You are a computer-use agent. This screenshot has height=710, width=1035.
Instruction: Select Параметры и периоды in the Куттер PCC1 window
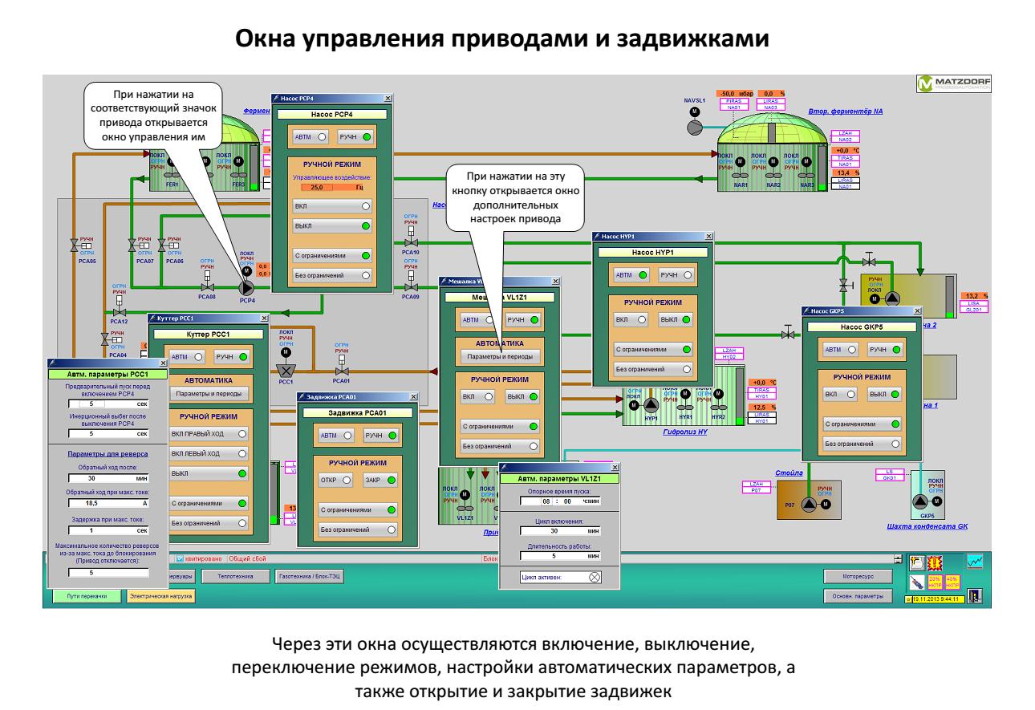pyautogui.click(x=209, y=394)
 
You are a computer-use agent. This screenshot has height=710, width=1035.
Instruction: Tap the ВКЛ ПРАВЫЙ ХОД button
pyautogui.click(x=209, y=433)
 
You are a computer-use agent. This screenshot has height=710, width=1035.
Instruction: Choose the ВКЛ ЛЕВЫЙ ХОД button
pyautogui.click(x=209, y=453)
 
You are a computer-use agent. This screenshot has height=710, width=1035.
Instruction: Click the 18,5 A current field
pyautogui.click(x=108, y=501)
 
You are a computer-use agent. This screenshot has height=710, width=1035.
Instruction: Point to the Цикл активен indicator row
pyautogui.click(x=559, y=576)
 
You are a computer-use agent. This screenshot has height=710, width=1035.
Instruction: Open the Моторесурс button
pyautogui.click(x=858, y=576)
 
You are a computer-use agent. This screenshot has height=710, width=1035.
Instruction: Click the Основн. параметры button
pyautogui.click(x=858, y=596)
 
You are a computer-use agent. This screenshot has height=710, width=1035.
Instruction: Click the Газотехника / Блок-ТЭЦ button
pyautogui.click(x=310, y=576)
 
